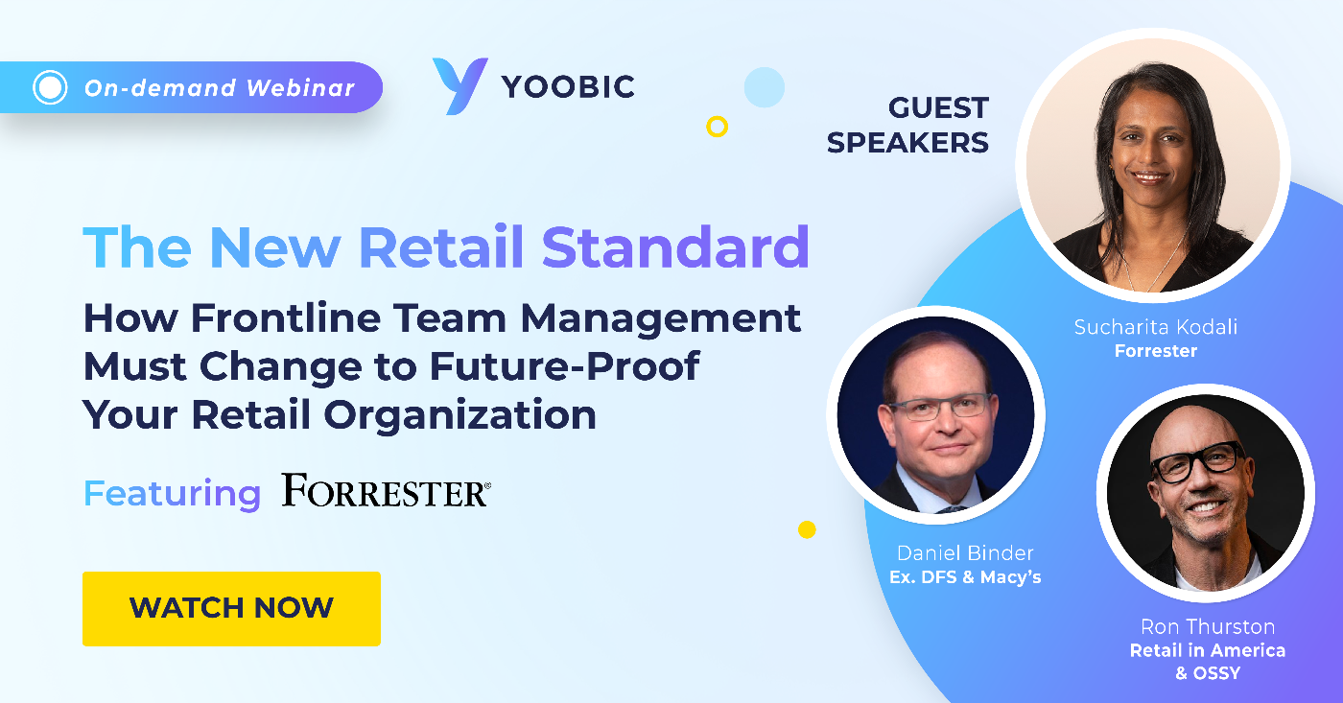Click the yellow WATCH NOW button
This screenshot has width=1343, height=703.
click(231, 608)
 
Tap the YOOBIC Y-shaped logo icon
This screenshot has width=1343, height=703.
click(459, 86)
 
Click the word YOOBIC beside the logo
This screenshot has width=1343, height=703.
click(568, 87)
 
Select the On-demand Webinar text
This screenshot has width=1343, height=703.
click(220, 88)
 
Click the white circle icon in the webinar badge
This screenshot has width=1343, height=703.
click(50, 88)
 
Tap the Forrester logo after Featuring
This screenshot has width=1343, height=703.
click(386, 491)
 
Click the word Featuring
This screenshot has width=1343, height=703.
click(172, 493)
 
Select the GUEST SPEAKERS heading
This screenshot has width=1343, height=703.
click(907, 125)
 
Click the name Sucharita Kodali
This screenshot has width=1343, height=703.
click(1155, 327)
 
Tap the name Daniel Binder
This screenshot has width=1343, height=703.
click(966, 553)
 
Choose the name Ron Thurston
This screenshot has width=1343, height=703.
click(1207, 627)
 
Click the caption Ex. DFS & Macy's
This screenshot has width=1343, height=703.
click(965, 577)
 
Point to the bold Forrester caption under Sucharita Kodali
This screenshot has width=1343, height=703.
click(1155, 351)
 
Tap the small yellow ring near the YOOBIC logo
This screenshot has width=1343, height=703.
click(717, 126)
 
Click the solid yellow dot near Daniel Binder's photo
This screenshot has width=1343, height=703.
click(807, 529)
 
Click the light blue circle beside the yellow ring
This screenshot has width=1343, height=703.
click(764, 87)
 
